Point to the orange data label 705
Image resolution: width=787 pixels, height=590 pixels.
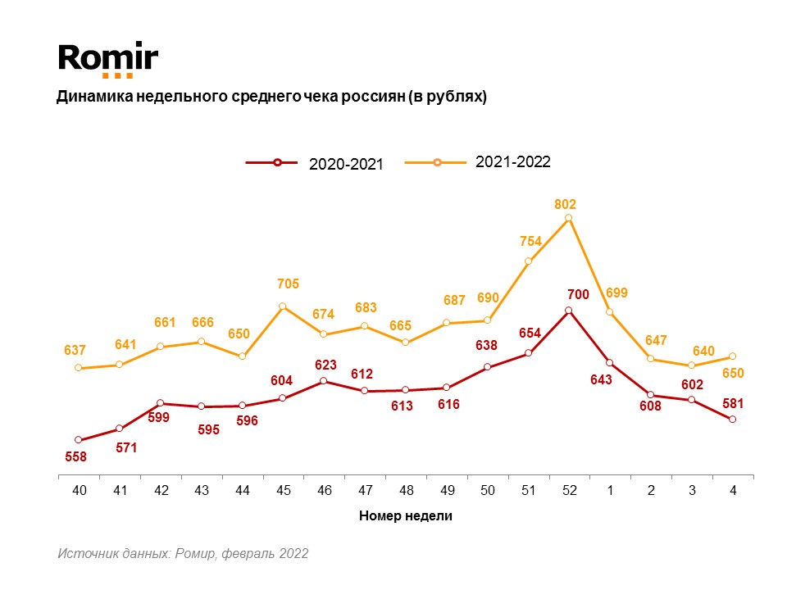(x=288, y=284)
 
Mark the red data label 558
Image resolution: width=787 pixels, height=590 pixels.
(x=76, y=456)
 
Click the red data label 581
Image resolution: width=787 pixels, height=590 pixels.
(x=732, y=402)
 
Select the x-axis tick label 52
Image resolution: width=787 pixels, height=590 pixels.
(x=569, y=490)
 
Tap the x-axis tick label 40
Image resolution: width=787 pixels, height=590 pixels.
(x=79, y=490)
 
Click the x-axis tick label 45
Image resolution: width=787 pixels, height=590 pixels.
(x=283, y=490)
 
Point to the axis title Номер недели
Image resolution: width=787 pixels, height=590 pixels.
(x=405, y=516)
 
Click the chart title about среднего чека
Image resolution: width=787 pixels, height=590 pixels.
(x=271, y=97)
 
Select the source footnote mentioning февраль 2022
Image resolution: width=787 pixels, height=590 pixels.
(x=183, y=554)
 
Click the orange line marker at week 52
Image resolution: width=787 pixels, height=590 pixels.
(x=568, y=218)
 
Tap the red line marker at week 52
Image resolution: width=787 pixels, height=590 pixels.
(x=568, y=311)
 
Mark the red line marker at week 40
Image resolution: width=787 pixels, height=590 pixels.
(x=79, y=440)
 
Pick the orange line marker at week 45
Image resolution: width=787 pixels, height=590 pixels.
(x=283, y=306)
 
